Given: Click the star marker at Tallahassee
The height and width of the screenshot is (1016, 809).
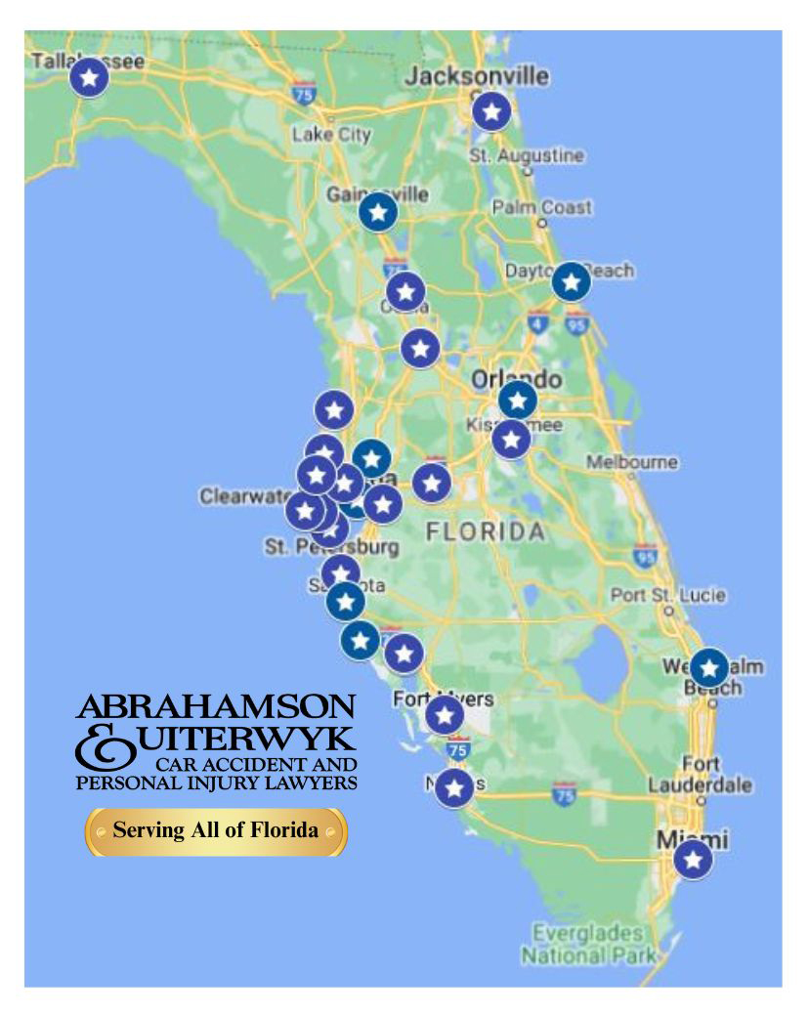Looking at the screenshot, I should (x=89, y=76).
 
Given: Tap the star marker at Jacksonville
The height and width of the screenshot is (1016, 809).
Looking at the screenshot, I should (x=491, y=112).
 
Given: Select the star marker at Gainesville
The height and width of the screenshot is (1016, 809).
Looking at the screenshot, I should (x=377, y=211).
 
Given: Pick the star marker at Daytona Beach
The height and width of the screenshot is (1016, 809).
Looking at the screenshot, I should (x=571, y=282).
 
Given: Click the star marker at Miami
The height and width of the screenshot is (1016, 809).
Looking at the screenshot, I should (x=693, y=860).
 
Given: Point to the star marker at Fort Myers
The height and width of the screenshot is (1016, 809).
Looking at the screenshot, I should (x=445, y=715).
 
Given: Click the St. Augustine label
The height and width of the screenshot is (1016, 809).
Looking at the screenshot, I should (x=526, y=155).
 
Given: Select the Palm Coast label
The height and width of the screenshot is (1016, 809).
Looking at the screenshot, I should (x=541, y=207).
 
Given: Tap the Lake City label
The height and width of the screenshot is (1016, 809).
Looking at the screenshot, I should (x=331, y=135).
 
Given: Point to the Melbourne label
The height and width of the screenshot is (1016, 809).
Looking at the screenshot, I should (x=645, y=461).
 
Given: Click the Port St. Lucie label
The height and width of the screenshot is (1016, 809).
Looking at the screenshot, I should (x=668, y=595).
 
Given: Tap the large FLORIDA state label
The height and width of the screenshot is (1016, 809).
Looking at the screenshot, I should (x=485, y=532).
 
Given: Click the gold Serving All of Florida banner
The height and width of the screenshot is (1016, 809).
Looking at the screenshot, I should (x=216, y=831).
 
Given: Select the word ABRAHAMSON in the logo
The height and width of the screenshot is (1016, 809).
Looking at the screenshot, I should (x=216, y=706).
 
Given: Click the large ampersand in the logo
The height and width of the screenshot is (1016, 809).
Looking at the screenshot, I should (x=101, y=747).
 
